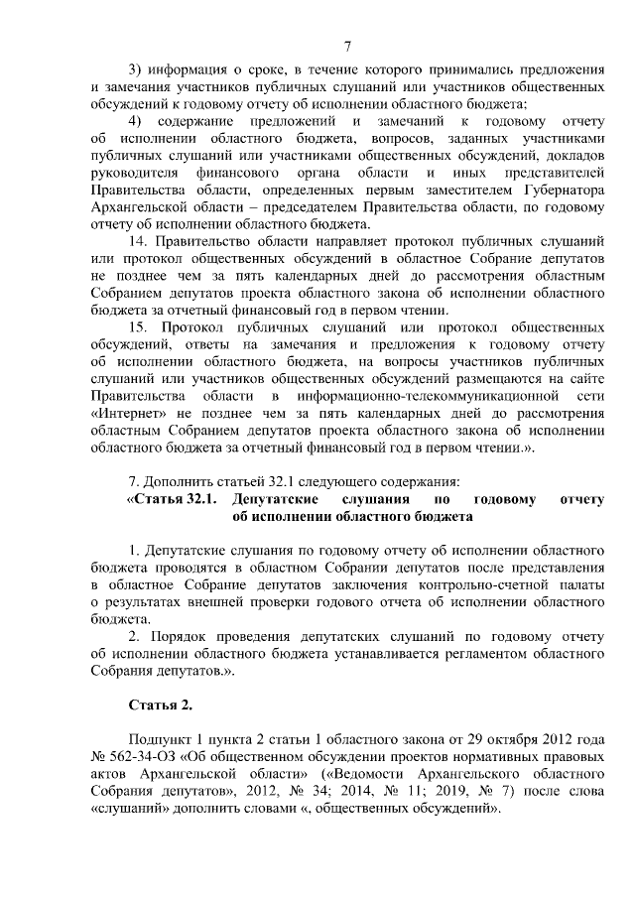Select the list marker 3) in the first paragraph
[x=138, y=68]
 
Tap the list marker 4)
[x=138, y=120]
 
